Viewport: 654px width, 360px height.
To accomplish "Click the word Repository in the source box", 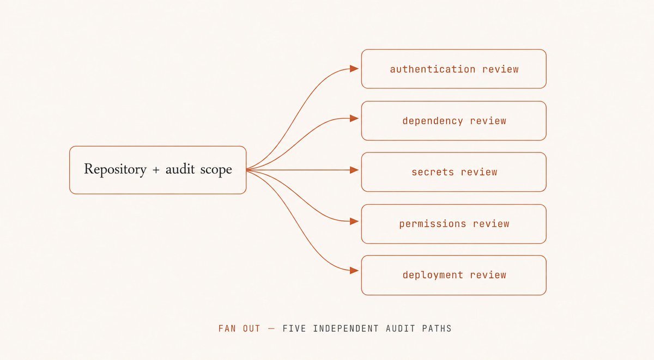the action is (x=116, y=169).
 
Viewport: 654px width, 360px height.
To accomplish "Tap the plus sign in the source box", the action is (x=156, y=170).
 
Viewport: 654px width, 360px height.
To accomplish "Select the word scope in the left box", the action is (x=216, y=170).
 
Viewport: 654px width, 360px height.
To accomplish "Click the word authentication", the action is (x=433, y=69).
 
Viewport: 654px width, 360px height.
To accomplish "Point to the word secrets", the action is (x=433, y=172).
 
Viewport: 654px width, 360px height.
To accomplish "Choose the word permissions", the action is (x=433, y=224).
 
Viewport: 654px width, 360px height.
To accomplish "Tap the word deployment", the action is (x=433, y=275).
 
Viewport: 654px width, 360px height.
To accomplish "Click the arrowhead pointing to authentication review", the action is (x=354, y=69).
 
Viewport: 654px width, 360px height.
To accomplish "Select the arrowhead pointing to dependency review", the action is (x=354, y=118).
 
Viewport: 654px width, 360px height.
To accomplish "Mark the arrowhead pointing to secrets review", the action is (x=354, y=170).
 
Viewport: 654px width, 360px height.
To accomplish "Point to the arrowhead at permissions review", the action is (x=354, y=221).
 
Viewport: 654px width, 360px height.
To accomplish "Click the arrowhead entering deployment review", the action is (x=354, y=271).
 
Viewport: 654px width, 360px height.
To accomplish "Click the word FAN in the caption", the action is (x=227, y=328).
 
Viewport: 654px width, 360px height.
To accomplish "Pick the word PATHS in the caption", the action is (x=437, y=328).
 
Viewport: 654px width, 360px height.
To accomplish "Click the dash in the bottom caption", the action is (x=271, y=328).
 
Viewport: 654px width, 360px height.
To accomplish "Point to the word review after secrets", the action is (x=479, y=172).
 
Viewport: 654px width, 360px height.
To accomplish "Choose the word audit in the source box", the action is (x=180, y=169).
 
